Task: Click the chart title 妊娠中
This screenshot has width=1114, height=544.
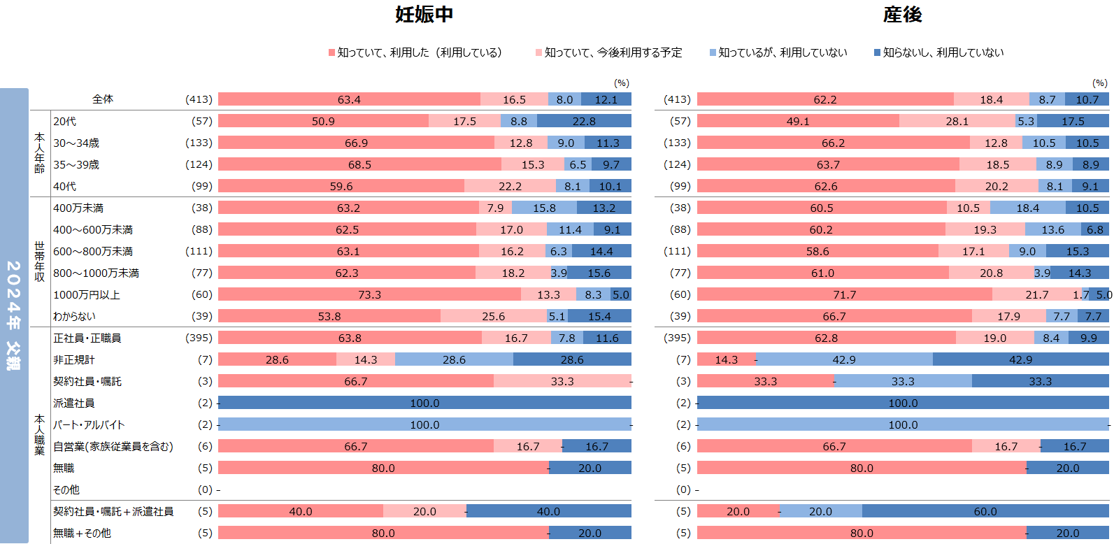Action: pos(424,15)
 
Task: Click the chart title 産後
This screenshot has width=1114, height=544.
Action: pos(902,15)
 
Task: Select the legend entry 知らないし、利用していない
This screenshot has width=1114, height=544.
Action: pos(938,52)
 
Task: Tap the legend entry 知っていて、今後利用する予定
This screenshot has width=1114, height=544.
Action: pos(608,52)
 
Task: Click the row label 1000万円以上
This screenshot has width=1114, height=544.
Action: pos(87,295)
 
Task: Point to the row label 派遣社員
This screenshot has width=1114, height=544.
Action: pos(74,403)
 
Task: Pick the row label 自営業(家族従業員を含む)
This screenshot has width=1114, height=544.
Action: pos(113,447)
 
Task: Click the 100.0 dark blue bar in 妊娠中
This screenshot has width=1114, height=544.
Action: pos(424,403)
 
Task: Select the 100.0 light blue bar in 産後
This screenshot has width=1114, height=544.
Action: pos(903,424)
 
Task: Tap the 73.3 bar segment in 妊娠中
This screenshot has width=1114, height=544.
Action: pos(369,294)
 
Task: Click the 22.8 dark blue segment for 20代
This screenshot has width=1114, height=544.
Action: pos(584,121)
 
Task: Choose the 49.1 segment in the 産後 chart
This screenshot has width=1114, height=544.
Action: pos(798,121)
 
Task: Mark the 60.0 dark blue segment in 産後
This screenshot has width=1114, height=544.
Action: pos(985,511)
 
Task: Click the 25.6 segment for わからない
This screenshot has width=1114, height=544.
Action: pos(493,316)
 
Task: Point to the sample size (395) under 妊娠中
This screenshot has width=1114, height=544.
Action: pos(199,338)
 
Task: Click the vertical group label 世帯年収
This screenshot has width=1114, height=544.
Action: pos(40,262)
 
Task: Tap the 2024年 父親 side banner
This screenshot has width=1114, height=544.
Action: pos(14,315)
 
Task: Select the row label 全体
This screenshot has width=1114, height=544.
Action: pos(103,99)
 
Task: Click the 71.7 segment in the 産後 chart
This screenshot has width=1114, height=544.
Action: pos(844,294)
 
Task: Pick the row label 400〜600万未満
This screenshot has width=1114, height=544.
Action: pos(93,230)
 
